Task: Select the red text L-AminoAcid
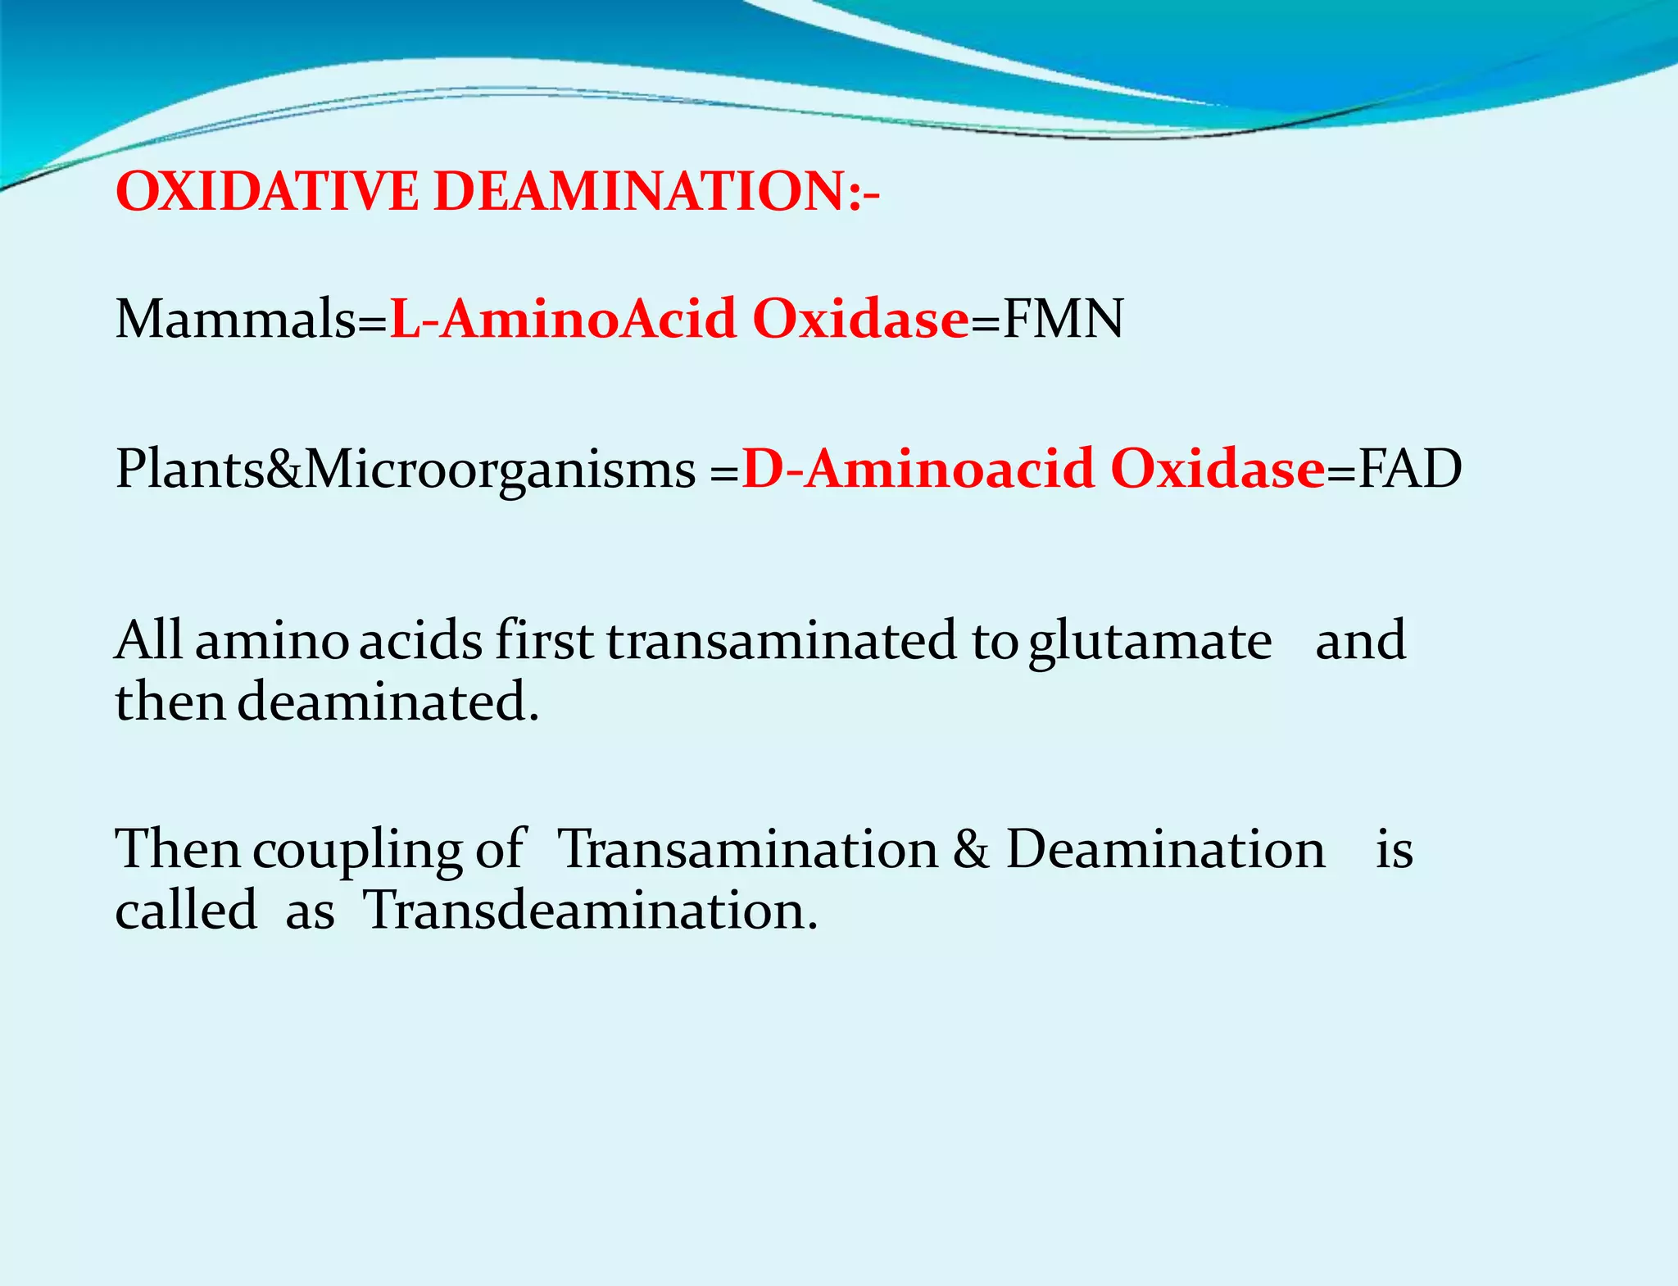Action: click(x=562, y=319)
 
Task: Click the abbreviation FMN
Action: click(x=1063, y=319)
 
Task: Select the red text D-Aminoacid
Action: click(x=918, y=470)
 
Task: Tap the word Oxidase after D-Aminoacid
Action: click(x=1218, y=470)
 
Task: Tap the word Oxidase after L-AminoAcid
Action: click(x=860, y=319)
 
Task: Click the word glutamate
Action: click(x=1150, y=642)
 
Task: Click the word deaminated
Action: click(x=388, y=702)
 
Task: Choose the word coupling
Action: click(x=357, y=851)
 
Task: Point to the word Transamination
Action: click(x=747, y=849)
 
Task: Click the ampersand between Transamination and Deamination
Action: click(x=971, y=849)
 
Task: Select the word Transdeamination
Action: click(x=590, y=911)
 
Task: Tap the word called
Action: click(x=186, y=911)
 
